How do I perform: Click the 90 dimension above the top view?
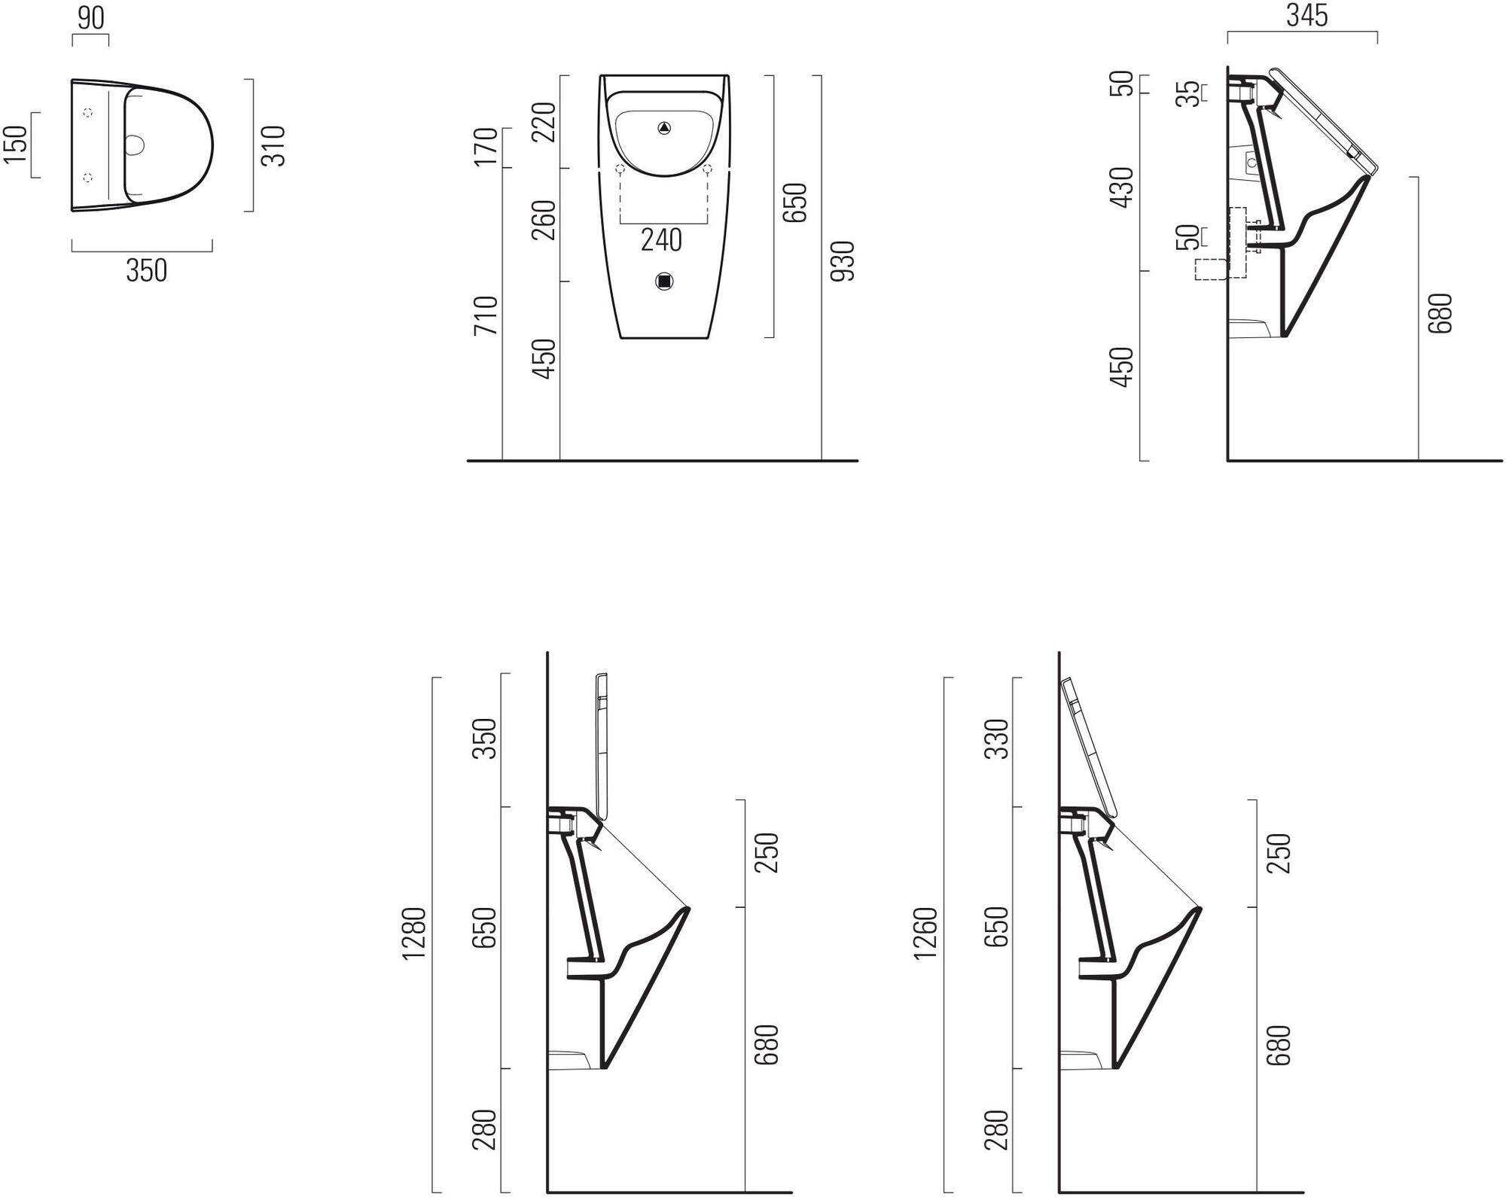coord(90,18)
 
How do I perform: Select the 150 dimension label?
coord(16,144)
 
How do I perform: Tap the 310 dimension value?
coord(273,146)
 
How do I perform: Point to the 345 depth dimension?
coord(1306,16)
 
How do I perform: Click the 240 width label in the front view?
coord(661,240)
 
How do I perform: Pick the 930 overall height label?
coord(844,261)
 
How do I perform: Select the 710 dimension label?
coord(486,315)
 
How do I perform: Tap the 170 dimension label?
coord(486,147)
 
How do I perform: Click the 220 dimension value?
coord(544,122)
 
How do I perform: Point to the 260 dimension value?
coord(544,220)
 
